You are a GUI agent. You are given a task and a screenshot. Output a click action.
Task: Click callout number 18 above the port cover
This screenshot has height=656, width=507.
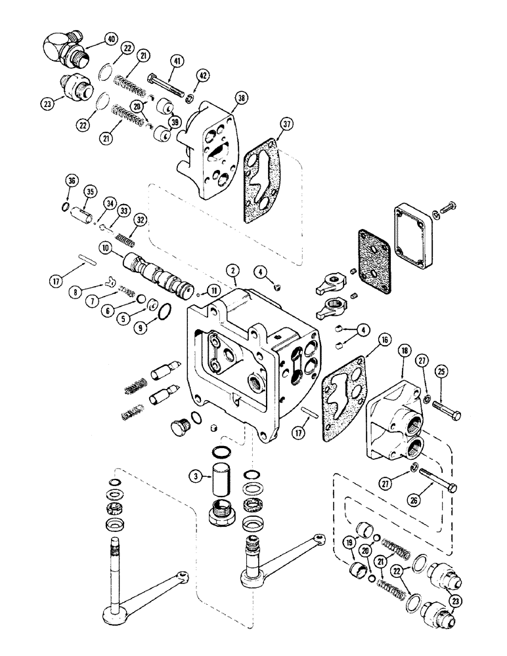tap(403, 352)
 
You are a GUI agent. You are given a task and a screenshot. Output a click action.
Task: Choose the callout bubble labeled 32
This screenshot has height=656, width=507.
tap(140, 220)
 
